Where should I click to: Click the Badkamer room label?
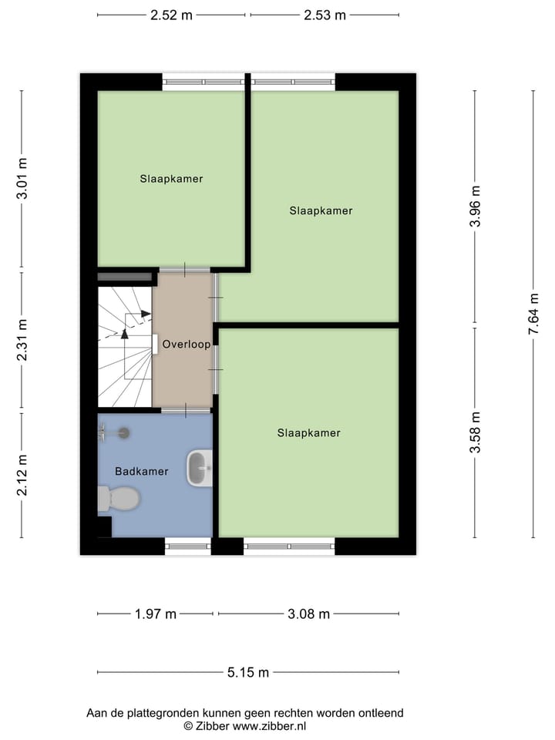(x=141, y=472)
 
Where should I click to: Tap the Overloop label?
(x=186, y=345)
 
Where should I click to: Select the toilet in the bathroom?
(x=119, y=499)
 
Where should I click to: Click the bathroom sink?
(x=200, y=468)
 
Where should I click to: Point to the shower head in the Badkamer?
(x=124, y=433)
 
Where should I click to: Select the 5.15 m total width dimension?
(x=247, y=672)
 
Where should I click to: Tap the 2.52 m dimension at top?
(x=171, y=15)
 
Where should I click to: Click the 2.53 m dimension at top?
(x=325, y=15)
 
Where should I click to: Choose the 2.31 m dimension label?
(x=22, y=340)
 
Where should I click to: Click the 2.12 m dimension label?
(x=22, y=476)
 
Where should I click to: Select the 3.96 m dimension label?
(x=476, y=207)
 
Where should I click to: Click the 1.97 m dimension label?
(x=156, y=614)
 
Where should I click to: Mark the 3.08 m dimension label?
(x=308, y=614)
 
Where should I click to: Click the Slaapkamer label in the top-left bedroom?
(x=171, y=179)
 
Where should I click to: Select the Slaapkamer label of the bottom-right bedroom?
(x=308, y=433)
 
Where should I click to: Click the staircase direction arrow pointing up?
(x=125, y=332)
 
